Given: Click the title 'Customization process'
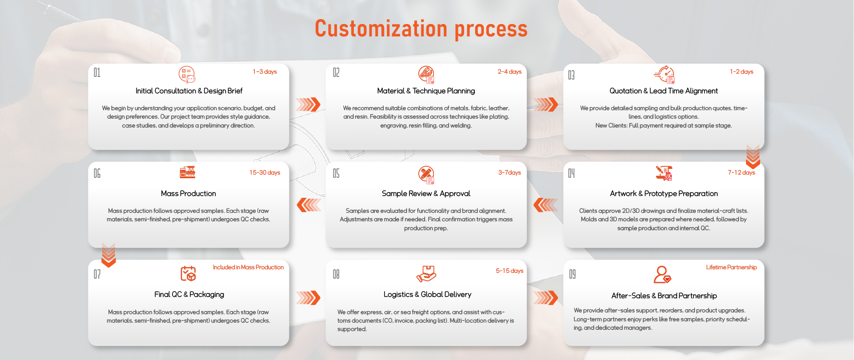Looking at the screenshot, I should pos(421,29).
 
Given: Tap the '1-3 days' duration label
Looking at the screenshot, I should pos(265,72).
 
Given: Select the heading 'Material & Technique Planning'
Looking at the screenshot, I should pos(426,91).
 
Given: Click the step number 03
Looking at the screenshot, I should pos(571,75).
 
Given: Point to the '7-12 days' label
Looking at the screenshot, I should pos(741,172).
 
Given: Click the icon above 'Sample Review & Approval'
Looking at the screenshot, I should pos(426,175).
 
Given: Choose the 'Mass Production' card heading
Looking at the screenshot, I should pos(188,193).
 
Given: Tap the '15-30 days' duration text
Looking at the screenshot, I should pos(265,172).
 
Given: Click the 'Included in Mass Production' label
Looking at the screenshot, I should pos(248,267).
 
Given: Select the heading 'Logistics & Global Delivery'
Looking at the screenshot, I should pos(427,294).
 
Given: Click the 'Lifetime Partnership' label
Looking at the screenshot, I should pos(731,267).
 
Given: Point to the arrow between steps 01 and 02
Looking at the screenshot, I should pos(308,104).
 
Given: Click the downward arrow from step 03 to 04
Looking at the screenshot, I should pos(753,156).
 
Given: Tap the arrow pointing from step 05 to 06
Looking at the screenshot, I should pos(309,205).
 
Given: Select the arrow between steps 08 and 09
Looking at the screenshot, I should pos(545,297).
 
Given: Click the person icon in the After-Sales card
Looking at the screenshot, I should pos(662,274).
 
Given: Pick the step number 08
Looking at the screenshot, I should pos(336,274).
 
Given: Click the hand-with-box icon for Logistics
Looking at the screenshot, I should pos(426,273).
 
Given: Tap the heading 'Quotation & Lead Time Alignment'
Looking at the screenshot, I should pos(663,91).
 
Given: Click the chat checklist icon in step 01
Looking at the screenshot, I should pos(187,74).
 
